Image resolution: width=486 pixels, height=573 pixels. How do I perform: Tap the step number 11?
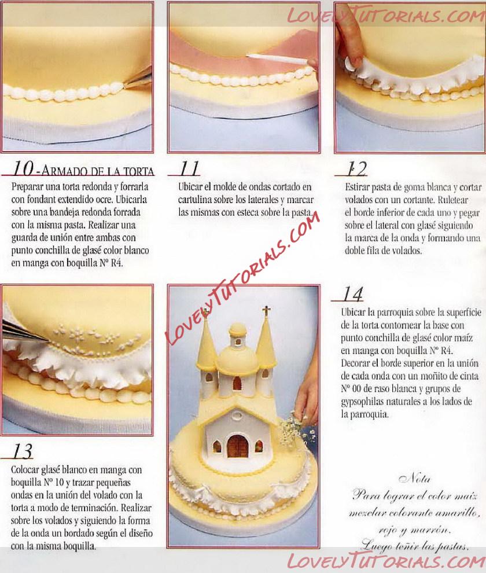(189, 168)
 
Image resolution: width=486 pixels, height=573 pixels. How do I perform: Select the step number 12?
(356, 169)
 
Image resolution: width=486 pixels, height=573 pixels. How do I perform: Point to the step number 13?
(23, 451)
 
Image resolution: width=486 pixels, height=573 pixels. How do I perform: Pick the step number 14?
(352, 294)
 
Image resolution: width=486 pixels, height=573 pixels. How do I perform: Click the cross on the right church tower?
(266, 311)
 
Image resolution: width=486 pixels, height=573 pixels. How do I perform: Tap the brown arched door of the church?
(238, 447)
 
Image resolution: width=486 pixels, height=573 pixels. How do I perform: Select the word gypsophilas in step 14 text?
(360, 402)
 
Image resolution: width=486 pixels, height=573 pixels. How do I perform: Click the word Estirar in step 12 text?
(358, 187)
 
